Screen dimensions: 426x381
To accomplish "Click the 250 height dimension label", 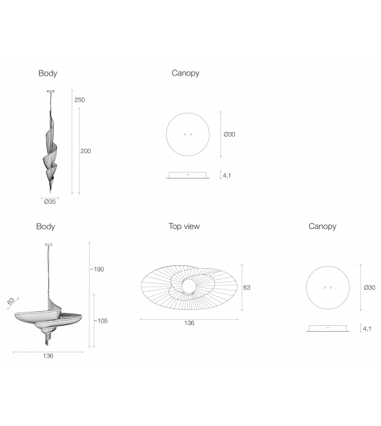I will click(80, 100).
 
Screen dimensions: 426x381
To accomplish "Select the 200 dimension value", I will click(86, 151).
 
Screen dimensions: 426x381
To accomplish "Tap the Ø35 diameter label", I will click(48, 202).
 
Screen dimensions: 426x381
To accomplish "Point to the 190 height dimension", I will click(98, 269).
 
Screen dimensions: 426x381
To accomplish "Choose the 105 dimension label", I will click(101, 321).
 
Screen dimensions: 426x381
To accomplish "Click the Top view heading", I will click(184, 226).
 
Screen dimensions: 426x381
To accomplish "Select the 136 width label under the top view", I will click(189, 323).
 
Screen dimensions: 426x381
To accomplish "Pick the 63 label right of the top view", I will click(247, 288).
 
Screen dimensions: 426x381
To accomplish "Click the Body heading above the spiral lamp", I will click(48, 74).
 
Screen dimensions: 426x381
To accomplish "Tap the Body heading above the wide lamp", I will click(46, 226).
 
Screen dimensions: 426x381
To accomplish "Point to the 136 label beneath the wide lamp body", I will click(48, 356).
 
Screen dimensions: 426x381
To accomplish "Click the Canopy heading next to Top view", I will click(323, 226).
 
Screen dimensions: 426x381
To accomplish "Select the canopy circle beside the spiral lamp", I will click(188, 134).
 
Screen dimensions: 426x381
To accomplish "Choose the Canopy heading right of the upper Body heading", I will click(186, 74).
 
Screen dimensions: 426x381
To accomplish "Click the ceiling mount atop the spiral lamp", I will click(51, 91).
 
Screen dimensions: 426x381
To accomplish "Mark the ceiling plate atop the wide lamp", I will click(48, 244).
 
